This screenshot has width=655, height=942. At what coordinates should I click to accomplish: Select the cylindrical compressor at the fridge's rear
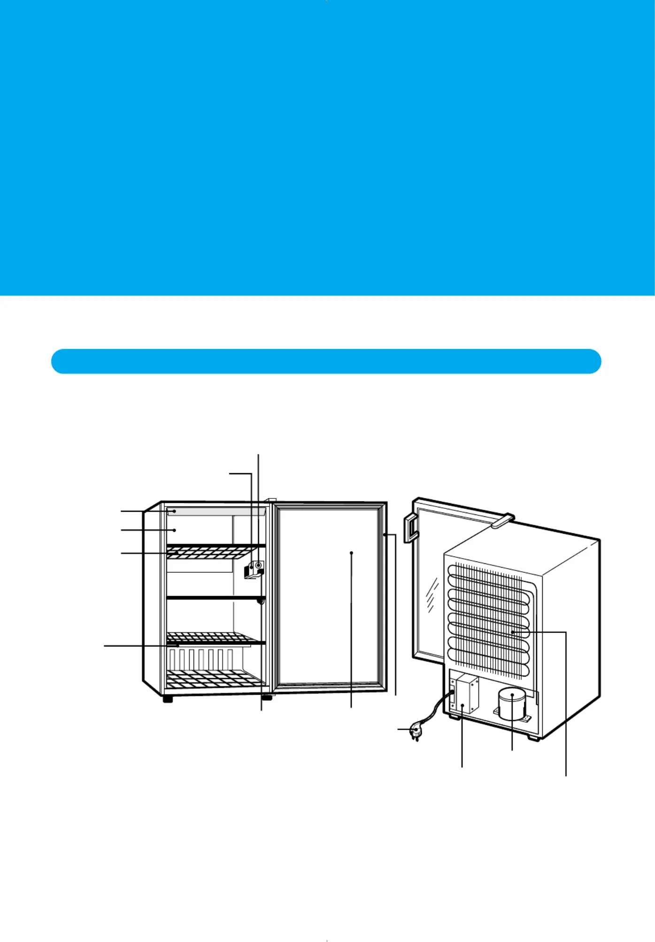[512, 704]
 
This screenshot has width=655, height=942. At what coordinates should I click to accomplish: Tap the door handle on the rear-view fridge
[410, 528]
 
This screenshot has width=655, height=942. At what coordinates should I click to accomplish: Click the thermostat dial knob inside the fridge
[258, 566]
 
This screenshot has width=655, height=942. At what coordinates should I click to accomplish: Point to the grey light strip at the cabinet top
[216, 511]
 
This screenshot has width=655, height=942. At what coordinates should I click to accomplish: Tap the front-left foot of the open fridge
[168, 699]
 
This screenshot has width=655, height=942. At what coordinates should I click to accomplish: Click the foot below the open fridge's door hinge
[266, 697]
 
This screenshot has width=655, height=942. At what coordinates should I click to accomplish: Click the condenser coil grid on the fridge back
[488, 620]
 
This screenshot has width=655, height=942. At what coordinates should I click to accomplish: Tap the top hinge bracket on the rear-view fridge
[502, 520]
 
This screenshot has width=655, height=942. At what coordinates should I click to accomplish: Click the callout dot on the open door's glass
[351, 553]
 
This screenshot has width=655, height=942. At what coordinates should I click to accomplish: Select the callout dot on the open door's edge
[384, 534]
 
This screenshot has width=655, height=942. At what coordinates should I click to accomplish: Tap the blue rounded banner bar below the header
[326, 361]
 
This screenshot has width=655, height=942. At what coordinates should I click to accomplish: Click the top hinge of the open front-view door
[271, 500]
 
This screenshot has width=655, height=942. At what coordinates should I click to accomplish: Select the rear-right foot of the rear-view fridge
[533, 738]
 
